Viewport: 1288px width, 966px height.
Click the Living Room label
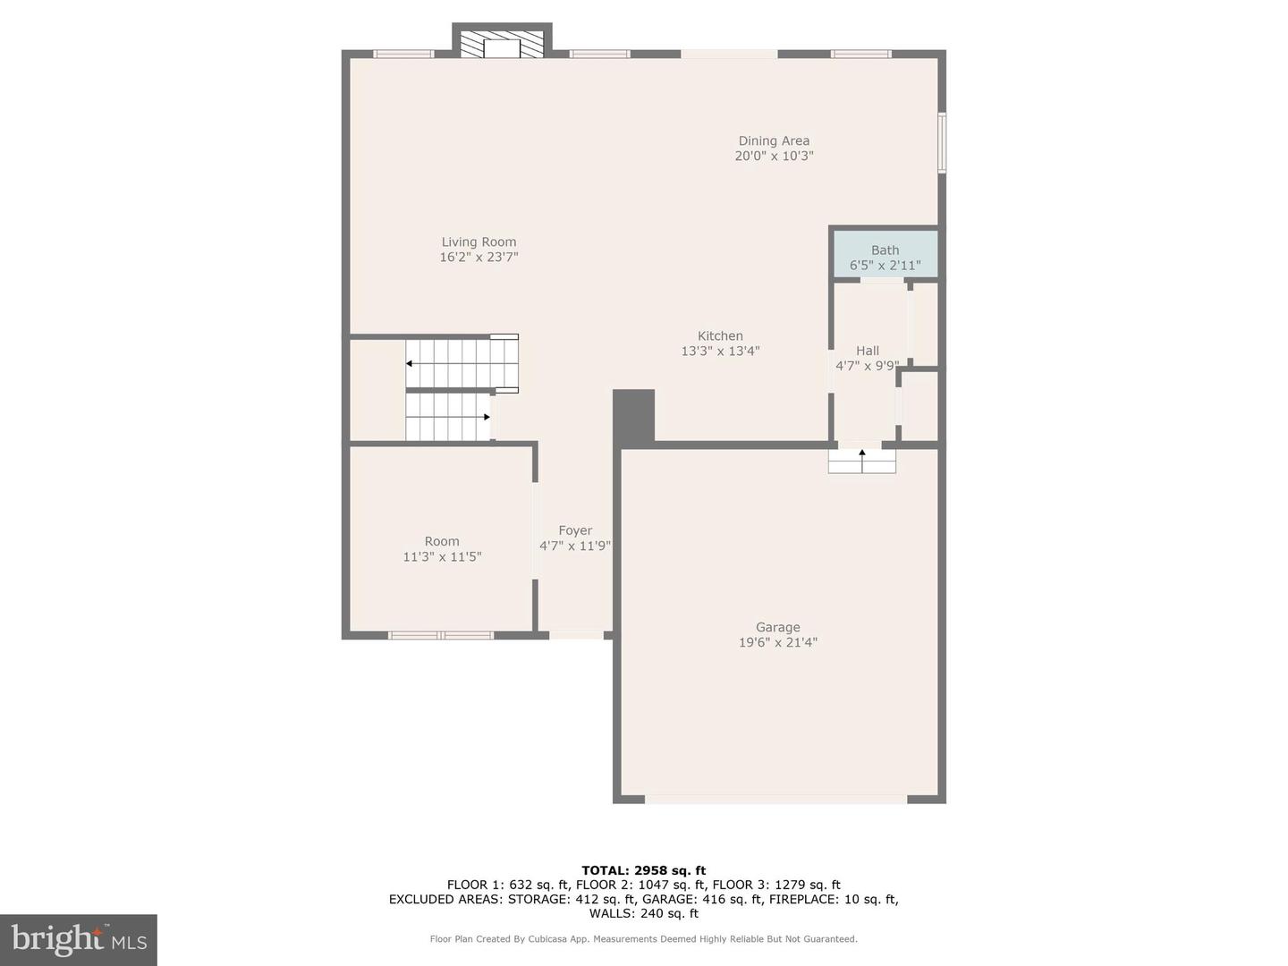click(x=479, y=241)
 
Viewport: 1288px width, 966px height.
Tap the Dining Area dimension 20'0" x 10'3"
click(x=774, y=156)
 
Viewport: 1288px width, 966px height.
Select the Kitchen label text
click(x=720, y=335)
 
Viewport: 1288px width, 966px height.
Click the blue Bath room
click(x=885, y=254)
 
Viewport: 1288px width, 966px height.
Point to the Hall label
click(x=867, y=351)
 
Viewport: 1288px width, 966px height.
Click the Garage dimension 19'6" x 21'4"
click(x=777, y=642)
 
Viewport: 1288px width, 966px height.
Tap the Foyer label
click(x=575, y=530)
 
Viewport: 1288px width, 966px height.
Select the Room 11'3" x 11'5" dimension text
click(x=442, y=556)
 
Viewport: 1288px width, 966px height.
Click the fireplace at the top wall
click(x=501, y=46)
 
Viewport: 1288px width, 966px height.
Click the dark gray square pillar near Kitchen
click(x=633, y=417)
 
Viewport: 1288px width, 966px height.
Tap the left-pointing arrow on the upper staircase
click(x=409, y=363)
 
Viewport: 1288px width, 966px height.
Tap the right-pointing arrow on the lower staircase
click(x=487, y=417)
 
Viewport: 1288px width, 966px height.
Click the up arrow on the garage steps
click(x=862, y=453)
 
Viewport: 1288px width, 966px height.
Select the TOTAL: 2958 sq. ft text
click(x=643, y=870)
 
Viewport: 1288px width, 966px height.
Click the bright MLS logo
click(x=79, y=939)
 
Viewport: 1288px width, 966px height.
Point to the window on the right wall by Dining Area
click(x=942, y=142)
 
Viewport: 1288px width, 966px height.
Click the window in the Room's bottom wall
click(x=441, y=635)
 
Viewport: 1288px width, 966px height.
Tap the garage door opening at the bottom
click(x=775, y=799)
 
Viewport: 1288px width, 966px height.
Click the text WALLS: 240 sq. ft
click(x=643, y=913)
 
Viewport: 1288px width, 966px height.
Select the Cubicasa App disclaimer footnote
click(x=643, y=939)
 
